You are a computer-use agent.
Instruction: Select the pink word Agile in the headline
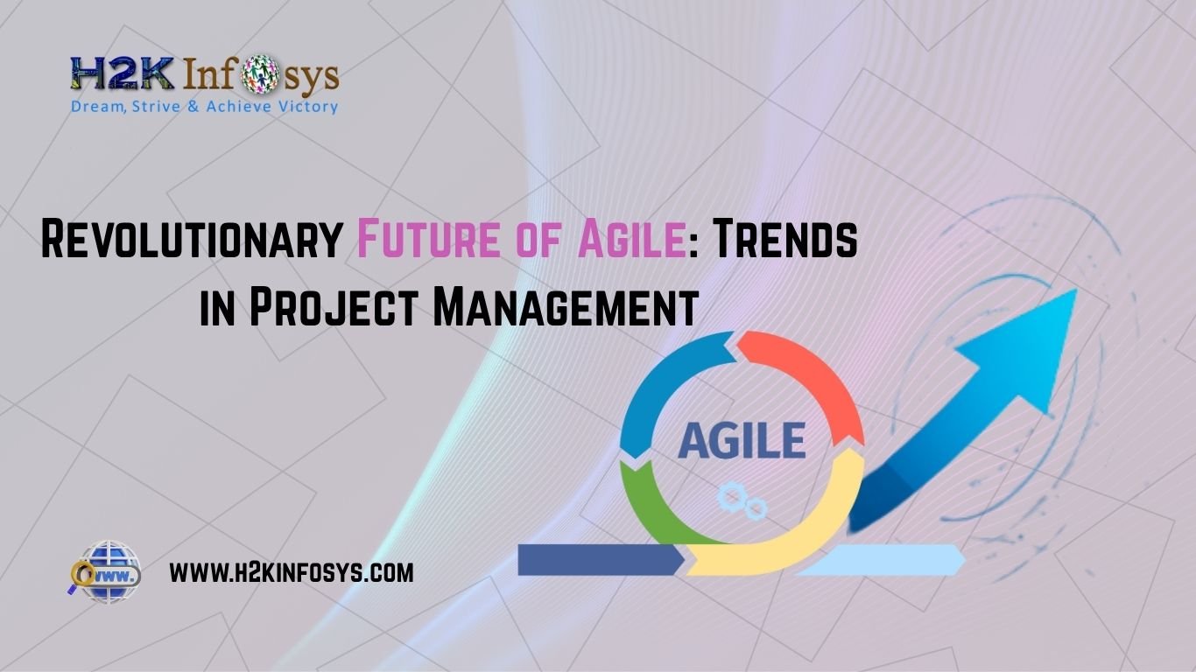tap(630, 240)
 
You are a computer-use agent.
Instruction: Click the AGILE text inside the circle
tap(742, 440)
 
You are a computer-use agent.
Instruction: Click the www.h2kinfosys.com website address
tap(291, 573)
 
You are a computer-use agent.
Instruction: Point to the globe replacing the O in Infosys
tap(259, 76)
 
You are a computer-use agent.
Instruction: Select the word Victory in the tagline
tap(306, 107)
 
